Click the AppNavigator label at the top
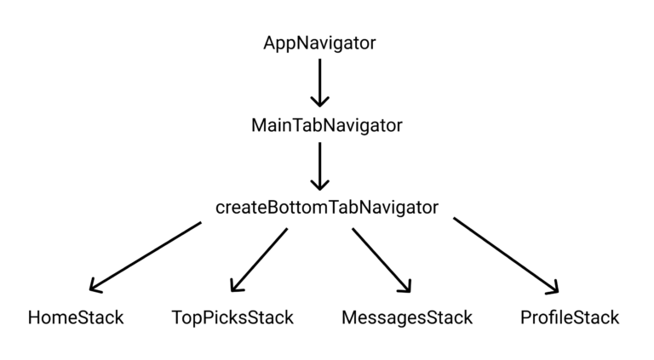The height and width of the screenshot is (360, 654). tap(319, 43)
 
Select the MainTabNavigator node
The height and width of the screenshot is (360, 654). tap(326, 125)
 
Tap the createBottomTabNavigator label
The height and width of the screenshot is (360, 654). tap(327, 207)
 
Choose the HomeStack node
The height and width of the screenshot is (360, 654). tap(76, 317)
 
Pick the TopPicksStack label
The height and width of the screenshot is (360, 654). tap(232, 317)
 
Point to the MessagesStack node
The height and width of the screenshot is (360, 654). tap(406, 317)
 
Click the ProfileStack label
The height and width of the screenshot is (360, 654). tap(570, 317)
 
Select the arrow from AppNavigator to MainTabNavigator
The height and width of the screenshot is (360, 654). tap(319, 80)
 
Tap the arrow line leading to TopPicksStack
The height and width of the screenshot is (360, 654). tap(261, 258)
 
